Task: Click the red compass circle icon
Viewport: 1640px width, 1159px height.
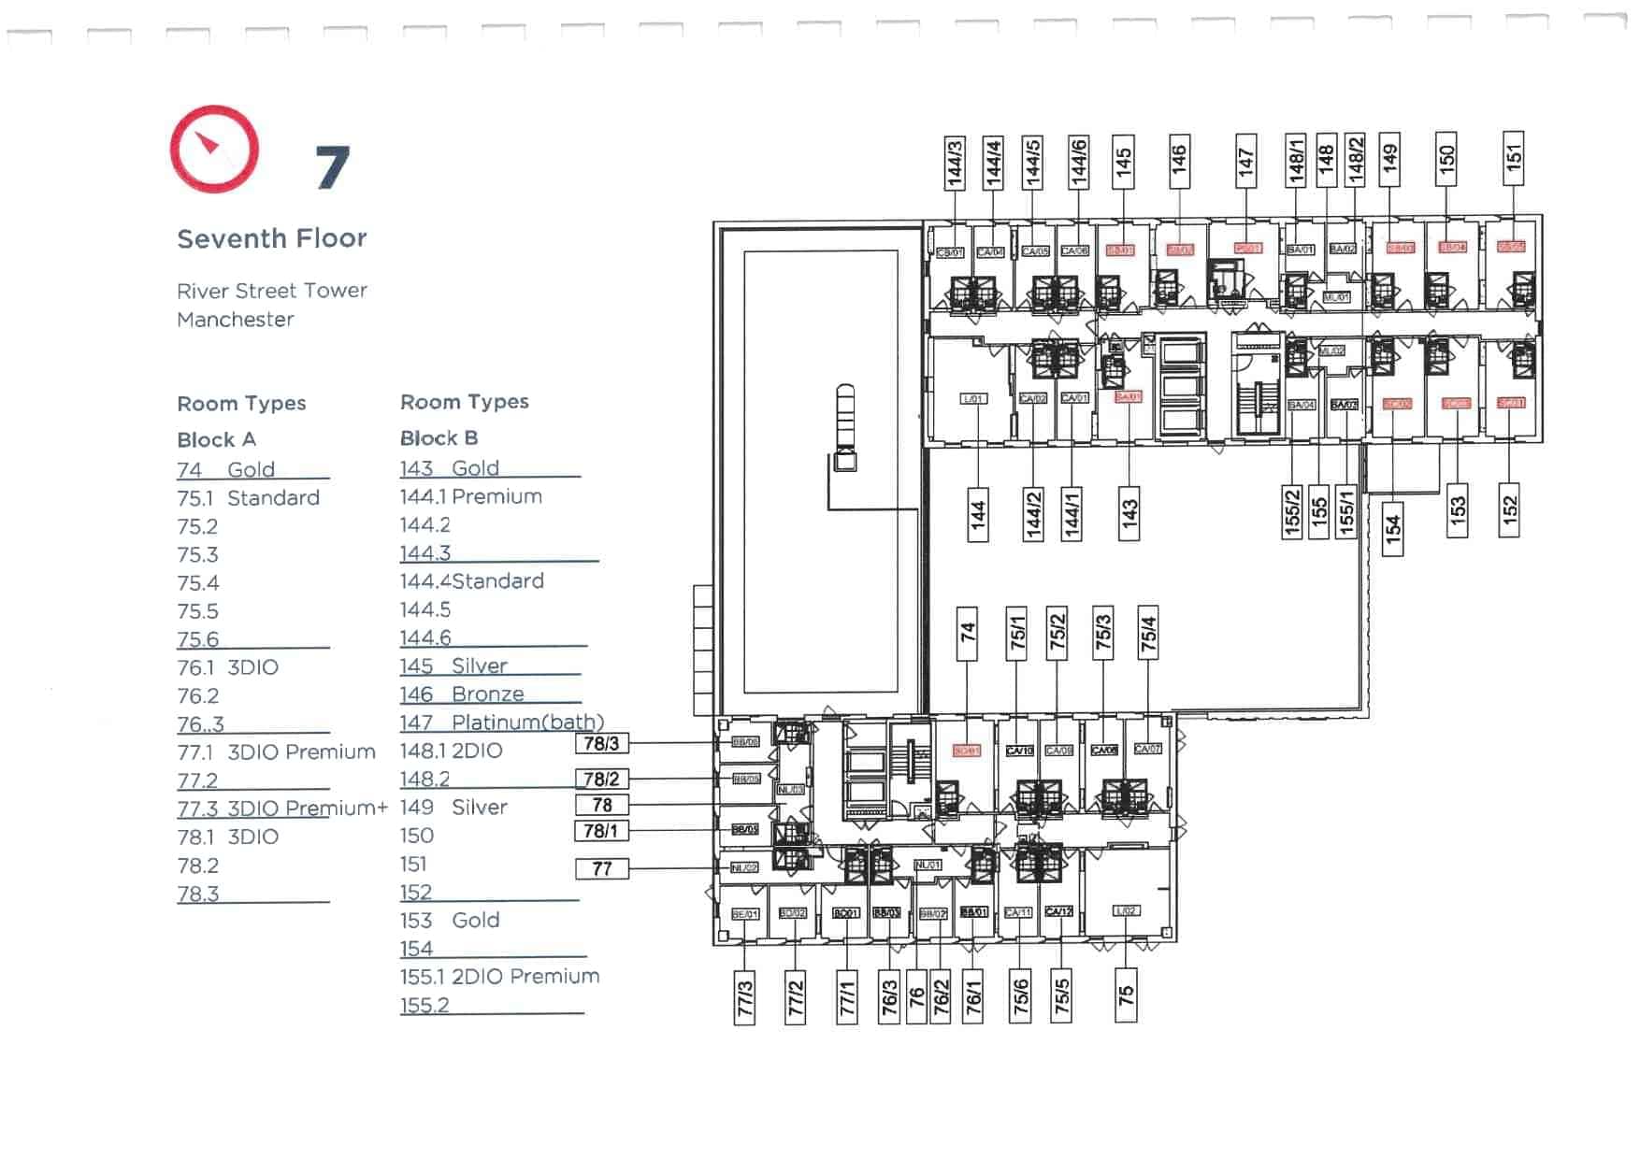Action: [x=214, y=149]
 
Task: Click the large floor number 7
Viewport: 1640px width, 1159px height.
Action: [x=332, y=167]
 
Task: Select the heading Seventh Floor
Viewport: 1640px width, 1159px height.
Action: [x=272, y=238]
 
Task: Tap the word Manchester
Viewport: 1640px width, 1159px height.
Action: [x=236, y=320]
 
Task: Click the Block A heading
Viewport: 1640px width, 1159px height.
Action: [x=216, y=439]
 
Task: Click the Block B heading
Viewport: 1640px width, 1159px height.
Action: [x=439, y=437]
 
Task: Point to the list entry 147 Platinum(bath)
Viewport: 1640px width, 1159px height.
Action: [x=501, y=723]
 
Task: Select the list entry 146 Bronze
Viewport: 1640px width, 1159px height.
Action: [x=462, y=694]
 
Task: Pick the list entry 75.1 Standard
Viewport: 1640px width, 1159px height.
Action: [x=248, y=498]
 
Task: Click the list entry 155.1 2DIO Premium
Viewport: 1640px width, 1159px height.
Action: [x=499, y=977]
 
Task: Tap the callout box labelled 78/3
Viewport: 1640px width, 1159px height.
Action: [x=601, y=744]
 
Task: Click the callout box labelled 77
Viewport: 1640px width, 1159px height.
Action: [x=602, y=869]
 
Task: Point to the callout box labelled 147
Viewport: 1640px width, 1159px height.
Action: [x=1245, y=162]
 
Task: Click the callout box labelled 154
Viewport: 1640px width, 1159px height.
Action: [x=1393, y=529]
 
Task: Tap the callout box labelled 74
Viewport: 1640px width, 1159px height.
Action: [x=967, y=633]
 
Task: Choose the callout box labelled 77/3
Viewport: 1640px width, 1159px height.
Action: [x=745, y=998]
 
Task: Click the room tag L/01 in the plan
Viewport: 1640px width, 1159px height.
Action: [x=973, y=398]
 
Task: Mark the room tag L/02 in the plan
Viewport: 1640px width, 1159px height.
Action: [x=1127, y=910]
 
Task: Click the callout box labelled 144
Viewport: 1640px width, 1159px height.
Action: [x=978, y=514]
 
